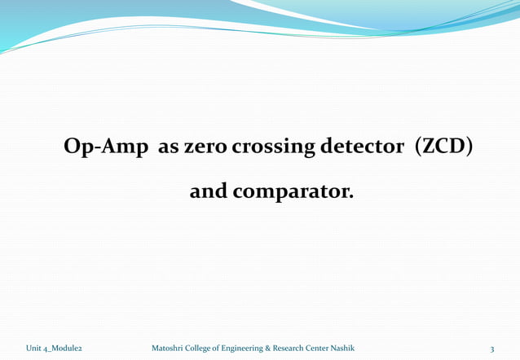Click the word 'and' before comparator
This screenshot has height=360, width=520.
click(207, 193)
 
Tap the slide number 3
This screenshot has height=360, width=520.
click(492, 349)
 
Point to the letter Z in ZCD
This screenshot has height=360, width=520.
click(429, 148)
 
